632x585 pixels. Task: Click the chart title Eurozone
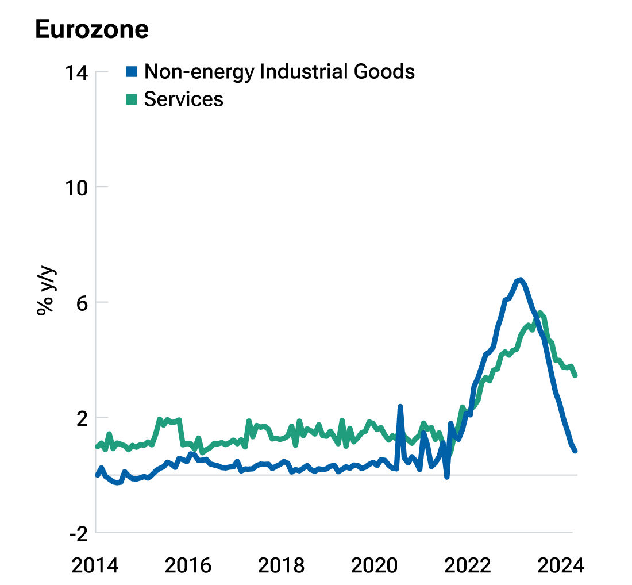click(92, 29)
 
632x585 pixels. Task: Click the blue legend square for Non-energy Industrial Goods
click(132, 71)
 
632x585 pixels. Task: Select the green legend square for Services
click(132, 99)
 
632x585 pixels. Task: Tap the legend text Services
click(183, 99)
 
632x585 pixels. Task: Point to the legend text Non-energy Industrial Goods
click(279, 71)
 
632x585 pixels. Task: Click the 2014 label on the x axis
click(95, 565)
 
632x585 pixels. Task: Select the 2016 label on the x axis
click(188, 565)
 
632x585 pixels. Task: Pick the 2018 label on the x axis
click(282, 565)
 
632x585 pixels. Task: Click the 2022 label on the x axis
click(468, 565)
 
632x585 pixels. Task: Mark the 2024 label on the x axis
click(561, 565)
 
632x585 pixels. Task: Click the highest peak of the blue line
click(520, 280)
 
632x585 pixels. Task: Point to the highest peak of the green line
click(539, 313)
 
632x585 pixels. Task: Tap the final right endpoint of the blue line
click(575, 451)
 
